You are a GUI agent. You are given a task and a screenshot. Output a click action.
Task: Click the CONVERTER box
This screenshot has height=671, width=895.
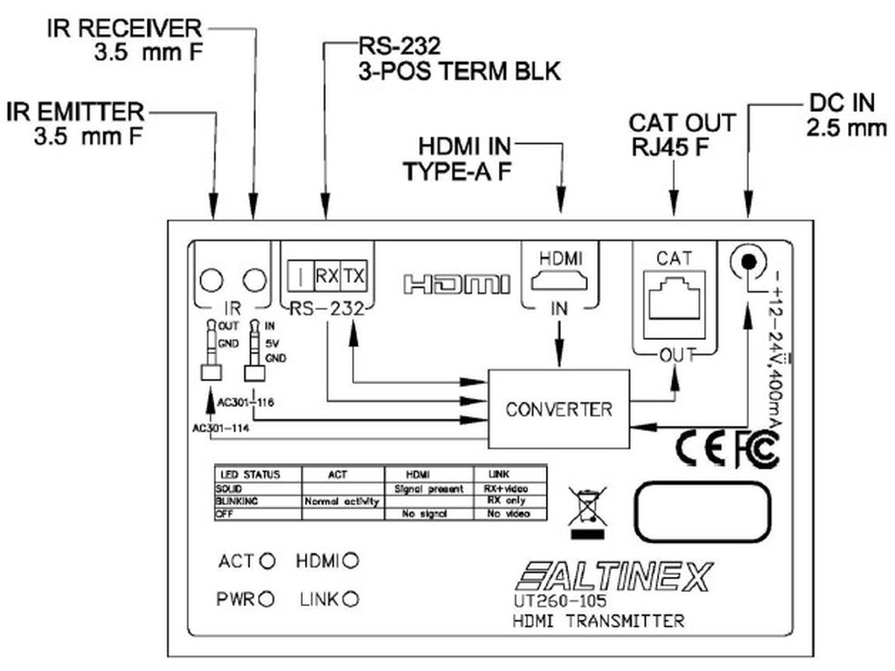[x=559, y=409]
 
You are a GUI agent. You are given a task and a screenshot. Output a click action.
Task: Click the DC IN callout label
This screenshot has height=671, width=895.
[x=847, y=116]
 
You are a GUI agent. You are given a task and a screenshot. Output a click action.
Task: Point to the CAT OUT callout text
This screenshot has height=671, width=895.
[x=682, y=132]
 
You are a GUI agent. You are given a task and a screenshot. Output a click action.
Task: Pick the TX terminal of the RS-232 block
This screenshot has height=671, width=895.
[x=355, y=276]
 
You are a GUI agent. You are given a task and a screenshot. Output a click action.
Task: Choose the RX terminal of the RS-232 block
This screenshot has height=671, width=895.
[x=327, y=276]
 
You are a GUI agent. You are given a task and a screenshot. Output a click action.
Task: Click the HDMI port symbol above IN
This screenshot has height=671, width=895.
[x=559, y=282]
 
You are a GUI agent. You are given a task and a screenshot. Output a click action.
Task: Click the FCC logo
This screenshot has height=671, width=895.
[x=756, y=449]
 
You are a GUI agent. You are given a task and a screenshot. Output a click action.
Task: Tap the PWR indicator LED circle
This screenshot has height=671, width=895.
[x=266, y=598]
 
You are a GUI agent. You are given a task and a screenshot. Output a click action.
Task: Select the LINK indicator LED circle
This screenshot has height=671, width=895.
[x=351, y=598]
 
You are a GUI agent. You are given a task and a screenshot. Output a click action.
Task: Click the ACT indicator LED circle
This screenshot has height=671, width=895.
[x=266, y=561]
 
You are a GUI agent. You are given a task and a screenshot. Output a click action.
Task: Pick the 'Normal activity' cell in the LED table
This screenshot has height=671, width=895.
[x=342, y=502]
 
